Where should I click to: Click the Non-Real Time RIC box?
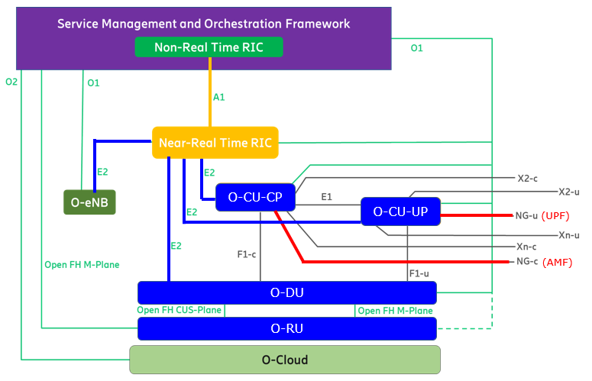(x=209, y=47)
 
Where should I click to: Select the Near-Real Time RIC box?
(x=215, y=143)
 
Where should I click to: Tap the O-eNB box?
(x=89, y=202)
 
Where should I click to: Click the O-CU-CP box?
(x=255, y=197)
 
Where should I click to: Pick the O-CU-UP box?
(x=400, y=211)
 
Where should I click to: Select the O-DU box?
(x=287, y=292)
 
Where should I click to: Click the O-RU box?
(x=287, y=328)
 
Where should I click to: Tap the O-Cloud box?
(x=285, y=360)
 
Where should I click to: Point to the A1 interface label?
(x=219, y=97)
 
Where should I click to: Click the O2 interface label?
(x=11, y=82)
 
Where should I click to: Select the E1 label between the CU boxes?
(x=327, y=196)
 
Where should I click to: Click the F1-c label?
(x=247, y=254)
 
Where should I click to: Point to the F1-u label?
(x=419, y=273)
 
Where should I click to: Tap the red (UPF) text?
(x=555, y=216)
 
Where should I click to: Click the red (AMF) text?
(x=558, y=262)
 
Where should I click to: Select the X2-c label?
(x=527, y=179)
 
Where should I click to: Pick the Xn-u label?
(x=569, y=235)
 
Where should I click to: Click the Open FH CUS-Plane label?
(x=179, y=310)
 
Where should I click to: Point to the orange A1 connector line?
(x=210, y=92)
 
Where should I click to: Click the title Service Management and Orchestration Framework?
(x=203, y=24)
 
